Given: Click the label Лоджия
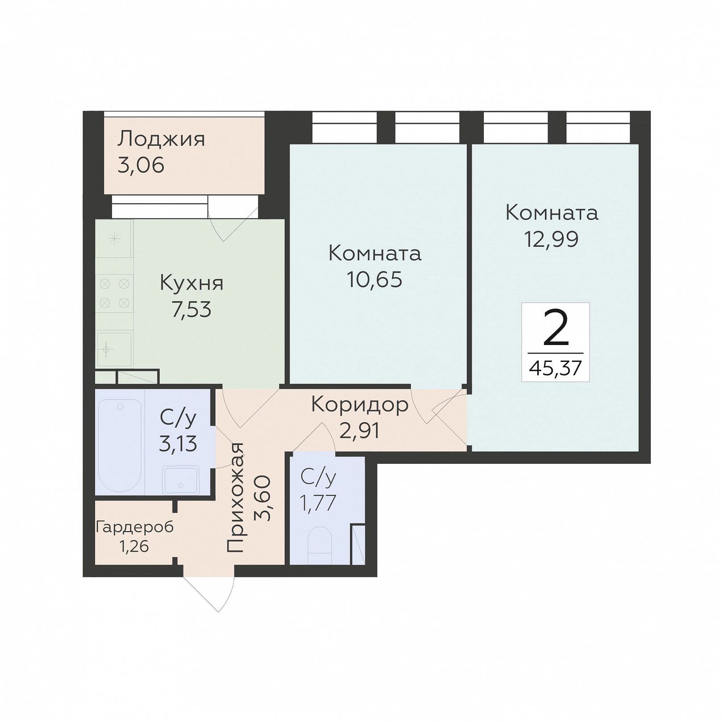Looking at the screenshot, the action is [161, 140].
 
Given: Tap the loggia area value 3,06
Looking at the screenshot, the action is [141, 166].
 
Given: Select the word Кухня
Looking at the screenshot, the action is [191, 283].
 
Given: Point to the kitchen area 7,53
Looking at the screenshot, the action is [191, 310].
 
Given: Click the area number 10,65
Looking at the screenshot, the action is [375, 280].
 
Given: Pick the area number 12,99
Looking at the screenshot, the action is [552, 239].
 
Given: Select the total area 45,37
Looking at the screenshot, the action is [556, 369].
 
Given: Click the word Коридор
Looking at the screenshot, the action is [360, 405].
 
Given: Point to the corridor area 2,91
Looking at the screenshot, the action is [360, 431].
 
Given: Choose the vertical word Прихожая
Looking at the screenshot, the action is [236, 498].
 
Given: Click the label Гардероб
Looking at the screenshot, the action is [135, 528].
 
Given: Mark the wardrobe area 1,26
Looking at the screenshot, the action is [134, 546].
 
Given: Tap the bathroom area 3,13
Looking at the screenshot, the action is [178, 445].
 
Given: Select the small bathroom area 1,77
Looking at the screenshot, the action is [318, 503].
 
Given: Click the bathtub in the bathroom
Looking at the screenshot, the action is [120, 445].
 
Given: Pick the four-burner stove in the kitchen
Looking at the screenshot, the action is [114, 294].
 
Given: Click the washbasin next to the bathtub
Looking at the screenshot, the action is [181, 480].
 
